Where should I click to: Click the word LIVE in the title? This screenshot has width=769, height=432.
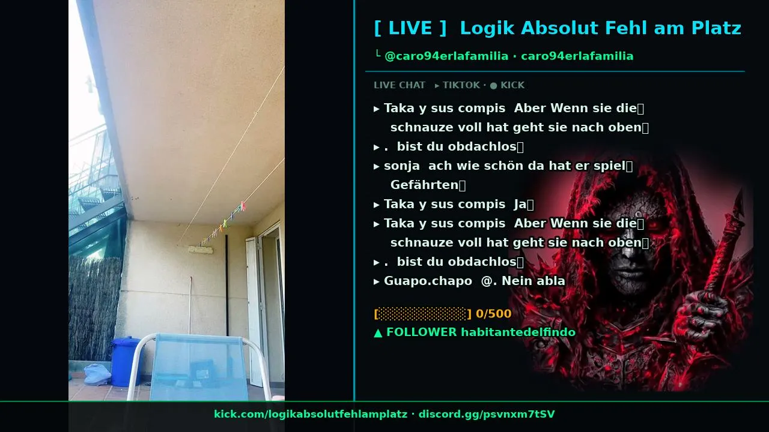(410, 28)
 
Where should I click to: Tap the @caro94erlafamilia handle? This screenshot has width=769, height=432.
(446, 56)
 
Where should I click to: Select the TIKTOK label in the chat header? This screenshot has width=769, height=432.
(461, 85)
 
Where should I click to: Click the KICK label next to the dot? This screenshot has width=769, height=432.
(512, 85)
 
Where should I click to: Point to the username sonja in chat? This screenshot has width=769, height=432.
(402, 166)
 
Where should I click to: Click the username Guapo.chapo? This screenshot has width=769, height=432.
(428, 281)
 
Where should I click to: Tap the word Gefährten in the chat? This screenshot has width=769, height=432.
(424, 185)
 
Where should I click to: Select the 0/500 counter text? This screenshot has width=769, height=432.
(494, 314)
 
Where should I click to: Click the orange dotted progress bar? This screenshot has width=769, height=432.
(422, 314)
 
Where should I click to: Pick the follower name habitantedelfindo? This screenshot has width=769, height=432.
(518, 332)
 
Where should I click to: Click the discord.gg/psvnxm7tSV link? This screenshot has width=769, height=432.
(487, 414)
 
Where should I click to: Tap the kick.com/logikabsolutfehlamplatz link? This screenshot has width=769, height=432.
(311, 414)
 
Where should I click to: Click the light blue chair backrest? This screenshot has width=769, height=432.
(199, 367)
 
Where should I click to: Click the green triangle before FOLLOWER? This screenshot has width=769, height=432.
(378, 333)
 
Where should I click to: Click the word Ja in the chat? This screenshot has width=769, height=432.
(520, 205)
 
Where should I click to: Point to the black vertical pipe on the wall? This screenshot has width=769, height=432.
(226, 285)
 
